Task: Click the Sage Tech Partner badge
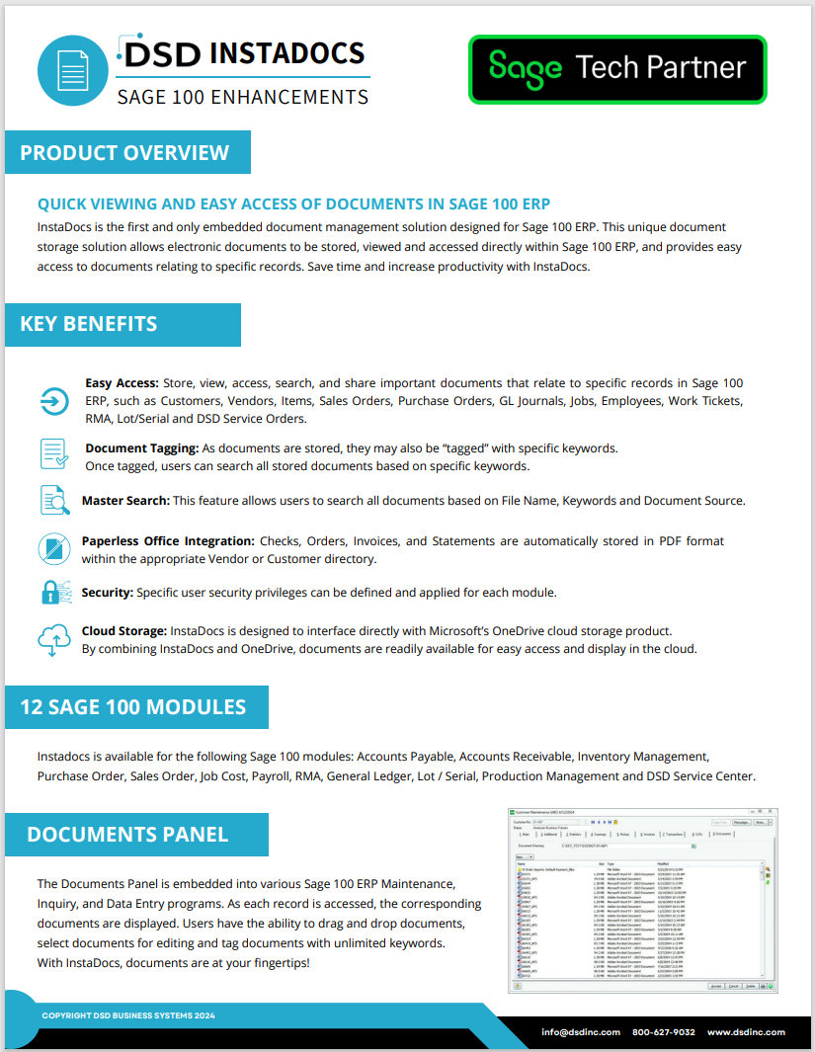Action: (617, 69)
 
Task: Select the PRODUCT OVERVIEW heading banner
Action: (125, 153)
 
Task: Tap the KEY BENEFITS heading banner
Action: (89, 324)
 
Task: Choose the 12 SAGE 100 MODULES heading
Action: (133, 707)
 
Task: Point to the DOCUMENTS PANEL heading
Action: (128, 835)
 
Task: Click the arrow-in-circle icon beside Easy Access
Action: (53, 400)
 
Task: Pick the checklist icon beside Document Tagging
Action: (53, 453)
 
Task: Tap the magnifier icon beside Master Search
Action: (53, 500)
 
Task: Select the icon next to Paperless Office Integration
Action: (53, 548)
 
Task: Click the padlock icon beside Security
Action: (53, 592)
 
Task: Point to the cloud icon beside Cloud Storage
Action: (53, 639)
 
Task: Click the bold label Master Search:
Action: (125, 501)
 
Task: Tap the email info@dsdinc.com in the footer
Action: (581, 1031)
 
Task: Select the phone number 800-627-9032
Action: (664, 1031)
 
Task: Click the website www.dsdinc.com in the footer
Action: (746, 1031)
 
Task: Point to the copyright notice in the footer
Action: (128, 1015)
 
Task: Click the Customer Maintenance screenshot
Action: (639, 898)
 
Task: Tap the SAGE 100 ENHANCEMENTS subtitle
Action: (243, 97)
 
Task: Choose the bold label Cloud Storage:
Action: (124, 631)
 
